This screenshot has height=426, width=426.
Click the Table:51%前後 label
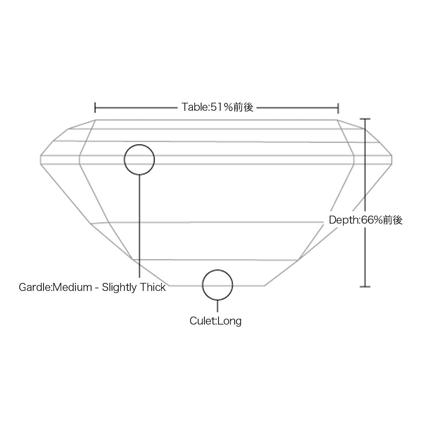coord(217,107)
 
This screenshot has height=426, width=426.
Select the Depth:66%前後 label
coord(366,220)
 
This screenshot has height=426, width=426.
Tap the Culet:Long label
coord(216,321)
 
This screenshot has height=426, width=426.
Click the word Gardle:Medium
coord(55,287)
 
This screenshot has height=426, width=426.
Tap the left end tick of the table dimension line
coord(95,108)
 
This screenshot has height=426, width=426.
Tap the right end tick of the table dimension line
coord(338,108)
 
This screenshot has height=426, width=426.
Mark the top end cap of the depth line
coord(365,119)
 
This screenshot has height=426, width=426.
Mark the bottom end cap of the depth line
coord(365,287)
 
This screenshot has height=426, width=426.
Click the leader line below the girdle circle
coord(139,226)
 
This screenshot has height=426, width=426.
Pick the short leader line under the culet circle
coord(217,306)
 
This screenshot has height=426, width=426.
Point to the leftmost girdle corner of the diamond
coord(40,160)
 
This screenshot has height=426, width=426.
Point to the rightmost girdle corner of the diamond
coord(392,160)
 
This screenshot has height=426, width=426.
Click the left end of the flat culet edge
coord(169,286)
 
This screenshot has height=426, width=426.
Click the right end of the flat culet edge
coord(265,286)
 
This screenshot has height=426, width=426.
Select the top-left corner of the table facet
coord(95,120)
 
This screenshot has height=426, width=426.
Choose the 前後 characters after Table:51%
coord(243,107)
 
